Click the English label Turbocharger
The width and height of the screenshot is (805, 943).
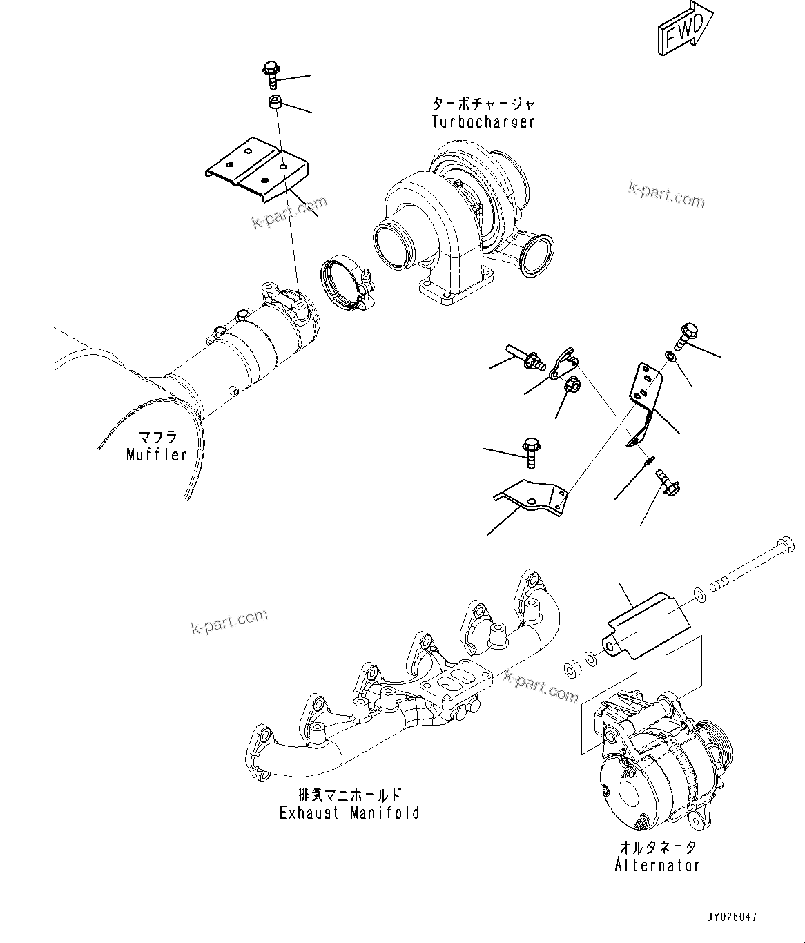coord(483,122)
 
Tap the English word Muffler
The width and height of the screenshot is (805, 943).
coord(157,454)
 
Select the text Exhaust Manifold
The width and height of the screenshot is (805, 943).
coord(349,813)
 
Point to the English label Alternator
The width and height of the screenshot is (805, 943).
coord(657,864)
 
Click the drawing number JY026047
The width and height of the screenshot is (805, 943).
coord(731,917)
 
